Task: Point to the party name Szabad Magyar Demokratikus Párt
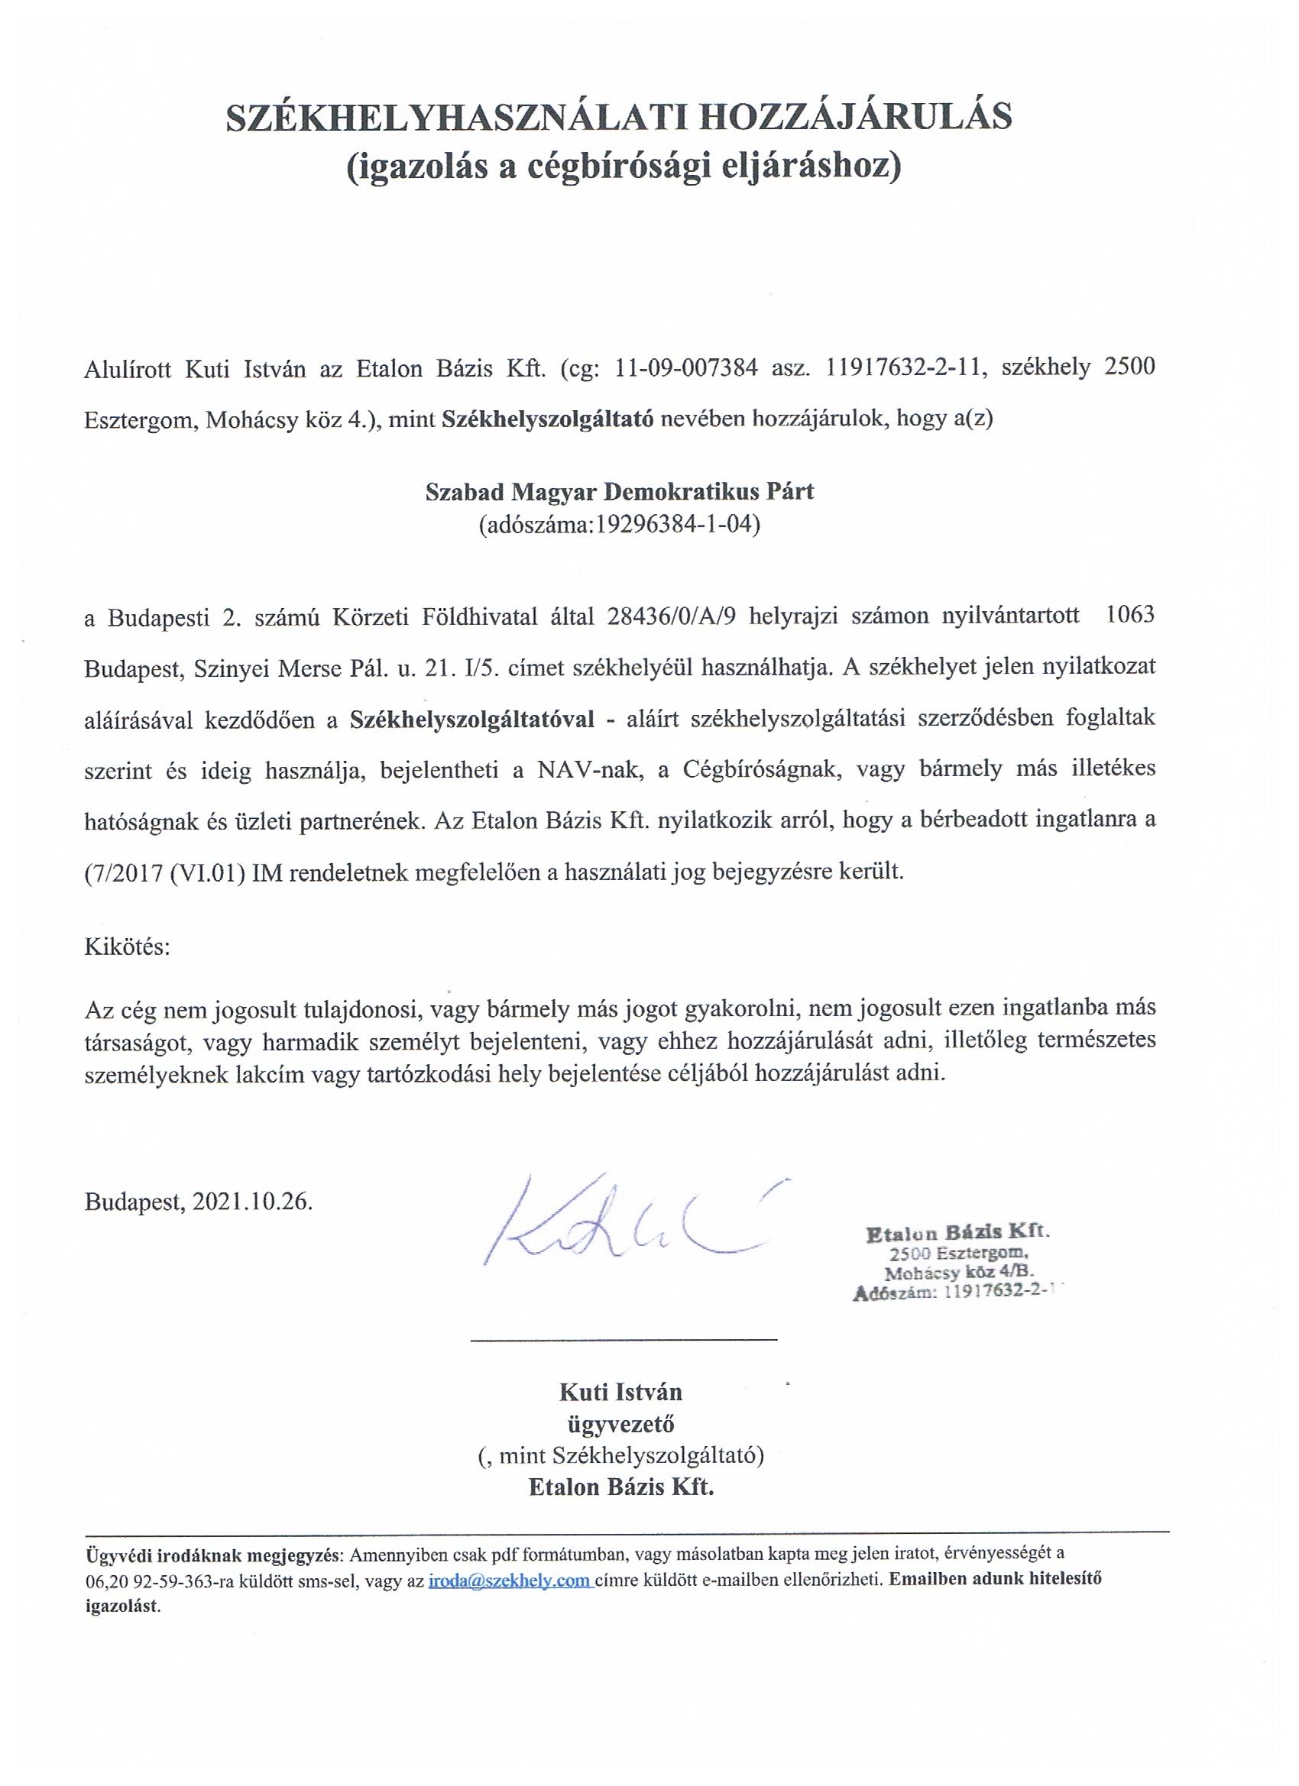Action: click(x=619, y=491)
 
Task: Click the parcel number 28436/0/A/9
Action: click(x=672, y=616)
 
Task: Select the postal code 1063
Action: click(x=1130, y=615)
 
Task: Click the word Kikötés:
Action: click(x=127, y=946)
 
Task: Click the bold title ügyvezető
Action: click(x=620, y=1424)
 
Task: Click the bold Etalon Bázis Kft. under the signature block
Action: click(x=620, y=1487)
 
